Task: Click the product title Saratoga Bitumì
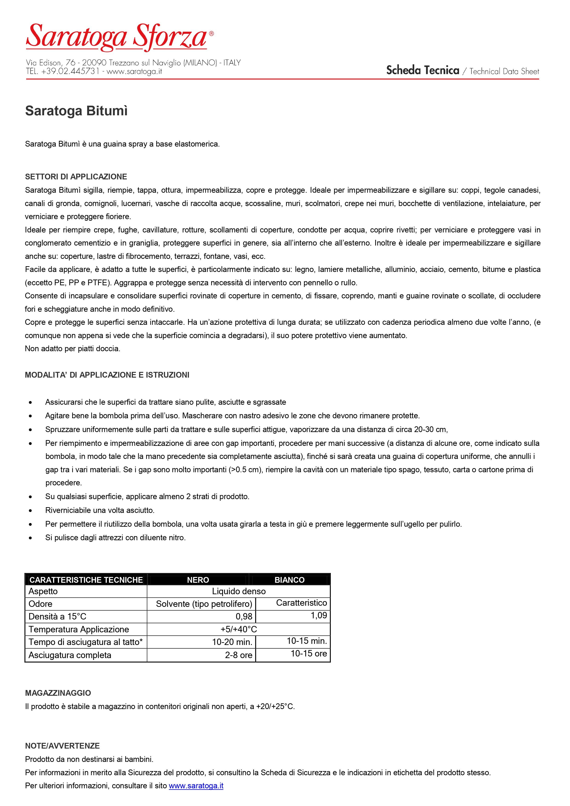click(76, 111)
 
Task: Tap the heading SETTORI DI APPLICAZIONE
click(76, 177)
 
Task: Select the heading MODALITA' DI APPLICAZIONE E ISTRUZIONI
click(107, 375)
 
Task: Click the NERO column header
click(198, 580)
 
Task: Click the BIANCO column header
click(289, 580)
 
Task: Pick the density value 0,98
click(244, 617)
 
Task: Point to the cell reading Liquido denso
click(238, 591)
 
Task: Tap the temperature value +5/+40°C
click(238, 629)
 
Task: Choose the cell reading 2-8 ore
click(238, 655)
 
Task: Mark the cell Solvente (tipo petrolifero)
click(204, 604)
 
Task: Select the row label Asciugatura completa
click(70, 655)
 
